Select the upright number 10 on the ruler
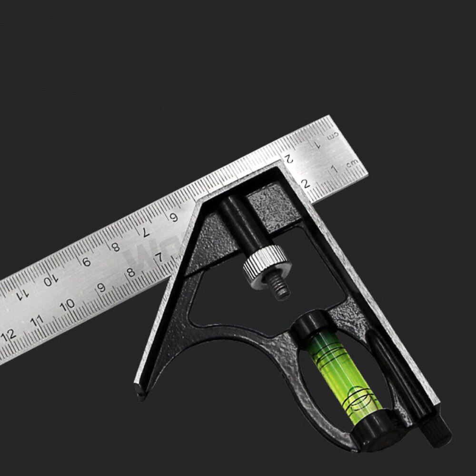(x=69, y=303)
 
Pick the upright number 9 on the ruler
(x=100, y=288)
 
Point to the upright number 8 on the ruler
(x=131, y=273)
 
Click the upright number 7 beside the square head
(x=161, y=258)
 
